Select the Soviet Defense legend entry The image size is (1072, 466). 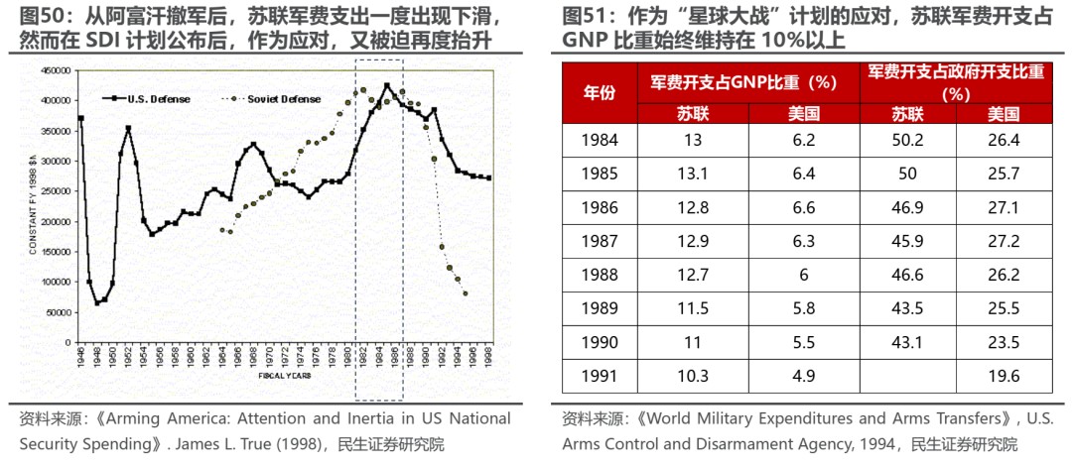pyautogui.click(x=283, y=99)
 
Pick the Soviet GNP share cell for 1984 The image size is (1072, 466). pyautogui.click(x=693, y=140)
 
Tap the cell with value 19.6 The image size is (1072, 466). pyautogui.click(x=1004, y=376)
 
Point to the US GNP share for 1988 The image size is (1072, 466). pyautogui.click(x=803, y=275)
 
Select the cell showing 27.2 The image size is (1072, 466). pyautogui.click(x=1004, y=241)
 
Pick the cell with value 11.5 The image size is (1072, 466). pyautogui.click(x=693, y=308)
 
